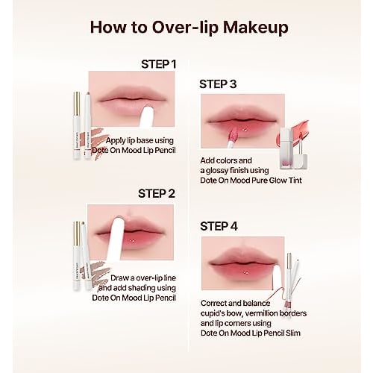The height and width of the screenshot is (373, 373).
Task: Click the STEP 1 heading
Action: [x=158, y=63]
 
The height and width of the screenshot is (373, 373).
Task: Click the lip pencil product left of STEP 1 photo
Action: [x=81, y=127]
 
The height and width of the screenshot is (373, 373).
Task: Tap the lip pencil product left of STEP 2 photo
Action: [x=81, y=254]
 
